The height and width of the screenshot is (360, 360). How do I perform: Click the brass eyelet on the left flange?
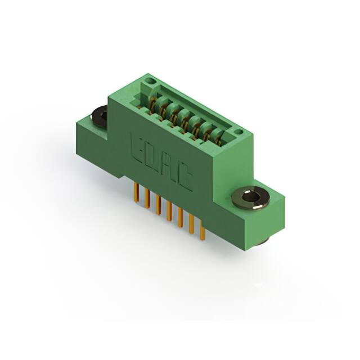tap(99, 116)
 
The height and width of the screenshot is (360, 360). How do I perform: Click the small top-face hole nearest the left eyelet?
tap(149, 82)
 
